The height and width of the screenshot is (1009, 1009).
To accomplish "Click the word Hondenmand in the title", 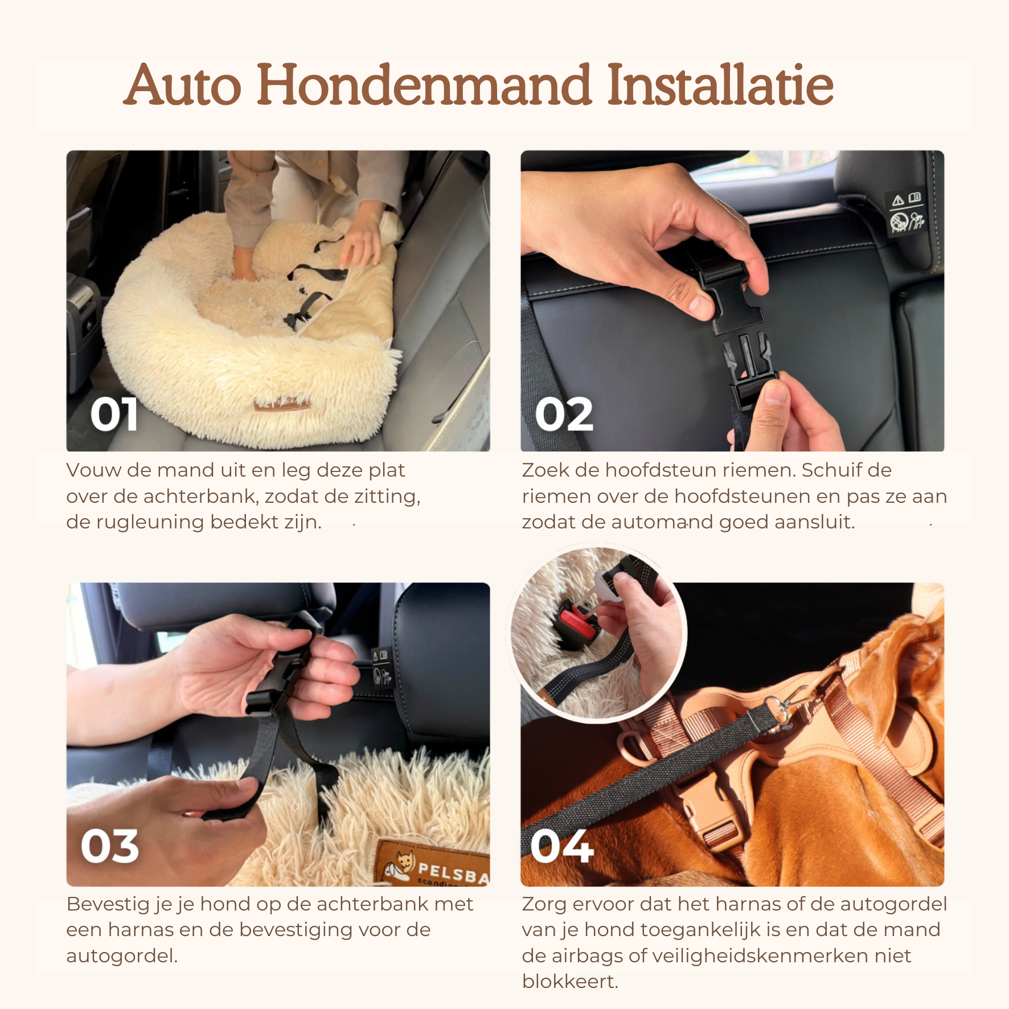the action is click(424, 85).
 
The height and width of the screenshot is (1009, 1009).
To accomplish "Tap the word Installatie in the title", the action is click(720, 85).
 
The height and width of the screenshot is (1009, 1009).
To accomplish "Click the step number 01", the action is click(114, 414).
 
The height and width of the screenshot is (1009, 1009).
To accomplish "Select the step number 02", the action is click(564, 414).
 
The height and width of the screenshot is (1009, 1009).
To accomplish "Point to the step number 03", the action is click(110, 846).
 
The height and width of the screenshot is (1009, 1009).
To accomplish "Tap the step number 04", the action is click(562, 846).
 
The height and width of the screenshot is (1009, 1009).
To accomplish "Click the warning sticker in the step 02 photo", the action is click(907, 212).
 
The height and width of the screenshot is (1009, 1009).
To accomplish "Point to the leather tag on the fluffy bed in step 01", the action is click(283, 405).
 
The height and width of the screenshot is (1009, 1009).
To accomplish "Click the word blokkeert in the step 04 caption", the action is click(570, 982).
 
